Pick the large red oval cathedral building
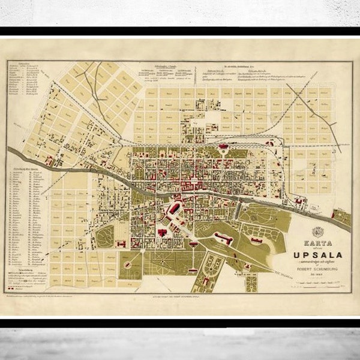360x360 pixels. [174, 209]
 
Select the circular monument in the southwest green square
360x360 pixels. [128, 264]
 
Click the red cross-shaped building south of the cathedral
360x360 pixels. [163, 232]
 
